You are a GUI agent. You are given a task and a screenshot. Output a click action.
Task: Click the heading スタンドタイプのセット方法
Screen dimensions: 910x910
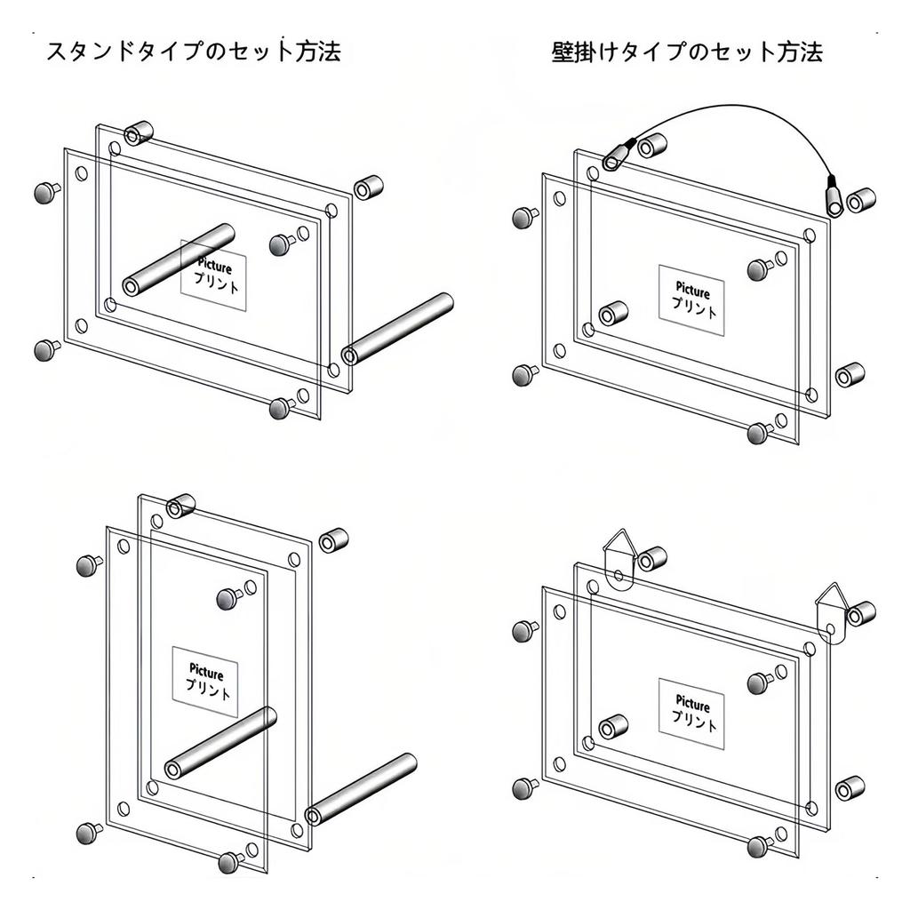(x=193, y=51)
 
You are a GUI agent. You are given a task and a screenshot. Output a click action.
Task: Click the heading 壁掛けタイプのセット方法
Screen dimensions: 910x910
(x=687, y=52)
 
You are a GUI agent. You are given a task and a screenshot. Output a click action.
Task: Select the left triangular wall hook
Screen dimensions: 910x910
(x=620, y=560)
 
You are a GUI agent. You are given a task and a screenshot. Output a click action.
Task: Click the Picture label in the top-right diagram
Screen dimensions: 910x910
(x=692, y=290)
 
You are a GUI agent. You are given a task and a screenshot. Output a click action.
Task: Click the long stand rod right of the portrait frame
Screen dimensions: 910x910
(x=361, y=789)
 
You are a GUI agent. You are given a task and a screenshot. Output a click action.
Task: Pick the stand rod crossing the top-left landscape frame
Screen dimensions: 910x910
(x=178, y=259)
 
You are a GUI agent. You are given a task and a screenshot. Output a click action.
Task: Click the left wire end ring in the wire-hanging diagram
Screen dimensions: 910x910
(x=619, y=155)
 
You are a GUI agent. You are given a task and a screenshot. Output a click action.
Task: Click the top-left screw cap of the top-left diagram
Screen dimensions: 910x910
(x=46, y=192)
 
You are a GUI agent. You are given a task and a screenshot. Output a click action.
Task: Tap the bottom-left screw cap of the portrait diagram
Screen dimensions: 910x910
(x=89, y=834)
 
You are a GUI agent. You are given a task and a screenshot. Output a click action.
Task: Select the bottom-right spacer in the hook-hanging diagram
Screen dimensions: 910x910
(x=850, y=788)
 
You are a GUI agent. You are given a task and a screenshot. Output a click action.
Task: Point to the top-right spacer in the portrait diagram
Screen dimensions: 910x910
(x=334, y=540)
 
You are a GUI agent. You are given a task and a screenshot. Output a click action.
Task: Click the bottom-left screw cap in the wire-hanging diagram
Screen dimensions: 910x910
(x=526, y=375)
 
